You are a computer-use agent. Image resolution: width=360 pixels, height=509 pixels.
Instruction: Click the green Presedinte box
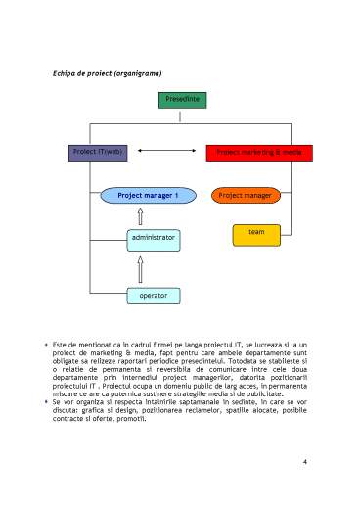(x=183, y=100)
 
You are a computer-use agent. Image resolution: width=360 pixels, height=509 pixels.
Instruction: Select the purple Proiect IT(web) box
(x=99, y=153)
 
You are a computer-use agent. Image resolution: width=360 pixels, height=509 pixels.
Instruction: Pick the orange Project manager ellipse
(x=245, y=196)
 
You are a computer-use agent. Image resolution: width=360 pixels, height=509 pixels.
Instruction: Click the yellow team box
(x=256, y=233)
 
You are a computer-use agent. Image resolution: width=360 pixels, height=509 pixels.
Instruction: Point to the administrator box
(x=153, y=238)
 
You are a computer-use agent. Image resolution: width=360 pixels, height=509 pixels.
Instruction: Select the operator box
(x=153, y=294)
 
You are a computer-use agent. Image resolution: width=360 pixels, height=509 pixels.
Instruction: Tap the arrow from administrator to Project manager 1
(x=141, y=216)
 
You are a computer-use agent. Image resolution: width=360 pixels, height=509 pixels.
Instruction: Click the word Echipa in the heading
(x=65, y=73)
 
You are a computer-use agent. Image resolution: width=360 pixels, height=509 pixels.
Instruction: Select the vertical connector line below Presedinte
(x=182, y=116)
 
